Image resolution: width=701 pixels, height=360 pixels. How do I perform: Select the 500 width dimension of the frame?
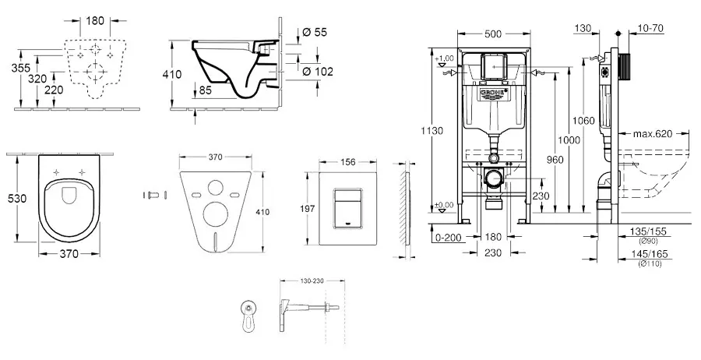point(491,34)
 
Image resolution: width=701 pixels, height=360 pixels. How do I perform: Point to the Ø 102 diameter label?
point(317,72)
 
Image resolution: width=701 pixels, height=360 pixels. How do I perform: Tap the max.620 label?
point(652,135)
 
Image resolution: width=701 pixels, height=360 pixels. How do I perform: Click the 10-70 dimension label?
point(650,28)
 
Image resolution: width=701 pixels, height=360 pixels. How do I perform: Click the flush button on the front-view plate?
point(345,203)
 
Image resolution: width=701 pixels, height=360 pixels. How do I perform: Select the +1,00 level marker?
point(446,58)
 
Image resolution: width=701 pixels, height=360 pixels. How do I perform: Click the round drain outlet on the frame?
point(492,178)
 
